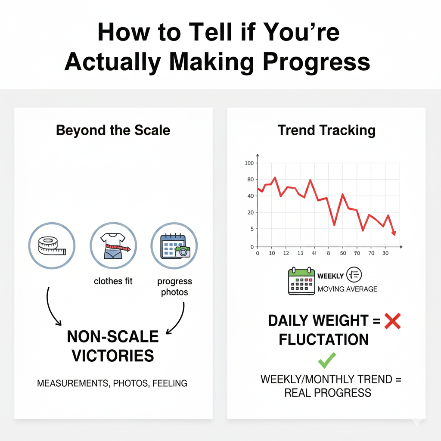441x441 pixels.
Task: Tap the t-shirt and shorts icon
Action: coord(113,246)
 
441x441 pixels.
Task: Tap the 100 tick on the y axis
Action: coord(249,163)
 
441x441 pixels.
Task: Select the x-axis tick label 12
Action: coord(286,253)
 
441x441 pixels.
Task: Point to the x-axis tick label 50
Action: coord(343,253)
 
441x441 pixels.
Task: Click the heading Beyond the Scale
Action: coord(113,130)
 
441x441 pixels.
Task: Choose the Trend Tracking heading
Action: coord(326,130)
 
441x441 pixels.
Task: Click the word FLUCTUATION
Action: coord(323,340)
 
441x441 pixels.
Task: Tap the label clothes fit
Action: coord(113,281)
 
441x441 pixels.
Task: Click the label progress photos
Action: coord(174,287)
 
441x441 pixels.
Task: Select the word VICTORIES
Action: coord(113,356)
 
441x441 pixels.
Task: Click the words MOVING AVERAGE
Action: coord(347,289)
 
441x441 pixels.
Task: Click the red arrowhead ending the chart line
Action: coord(394,233)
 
